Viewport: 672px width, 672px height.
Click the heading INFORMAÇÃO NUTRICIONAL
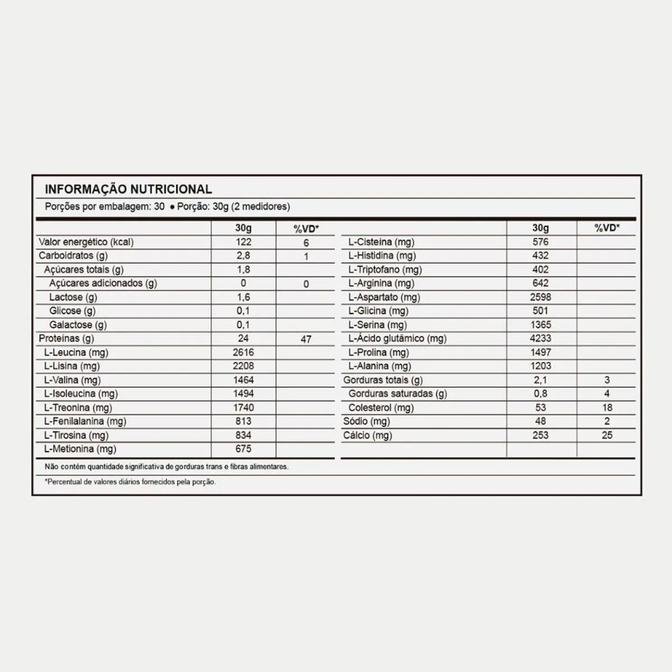(128, 189)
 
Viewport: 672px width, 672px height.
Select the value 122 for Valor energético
(244, 242)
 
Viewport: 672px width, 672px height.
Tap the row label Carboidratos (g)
(73, 256)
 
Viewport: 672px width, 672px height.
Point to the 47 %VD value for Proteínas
(306, 339)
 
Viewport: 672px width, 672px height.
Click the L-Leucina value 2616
(244, 352)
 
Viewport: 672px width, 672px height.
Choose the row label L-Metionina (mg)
(80, 449)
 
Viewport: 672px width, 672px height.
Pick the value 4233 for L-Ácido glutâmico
(540, 338)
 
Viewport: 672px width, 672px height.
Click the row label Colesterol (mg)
(381, 408)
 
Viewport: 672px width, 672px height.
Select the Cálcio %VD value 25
(607, 435)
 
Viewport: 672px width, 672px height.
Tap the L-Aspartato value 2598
(540, 297)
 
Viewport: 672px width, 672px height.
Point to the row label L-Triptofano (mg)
(385, 269)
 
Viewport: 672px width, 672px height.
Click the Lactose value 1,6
(244, 297)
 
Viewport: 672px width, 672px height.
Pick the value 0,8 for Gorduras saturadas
(540, 394)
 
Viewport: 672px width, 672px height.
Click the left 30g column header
(244, 228)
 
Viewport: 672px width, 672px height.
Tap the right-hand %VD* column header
(607, 228)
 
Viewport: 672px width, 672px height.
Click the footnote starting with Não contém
(167, 466)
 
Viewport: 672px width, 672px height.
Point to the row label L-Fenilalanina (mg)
(85, 422)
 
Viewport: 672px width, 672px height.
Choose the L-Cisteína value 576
(540, 242)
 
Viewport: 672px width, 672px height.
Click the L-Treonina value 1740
(244, 408)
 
